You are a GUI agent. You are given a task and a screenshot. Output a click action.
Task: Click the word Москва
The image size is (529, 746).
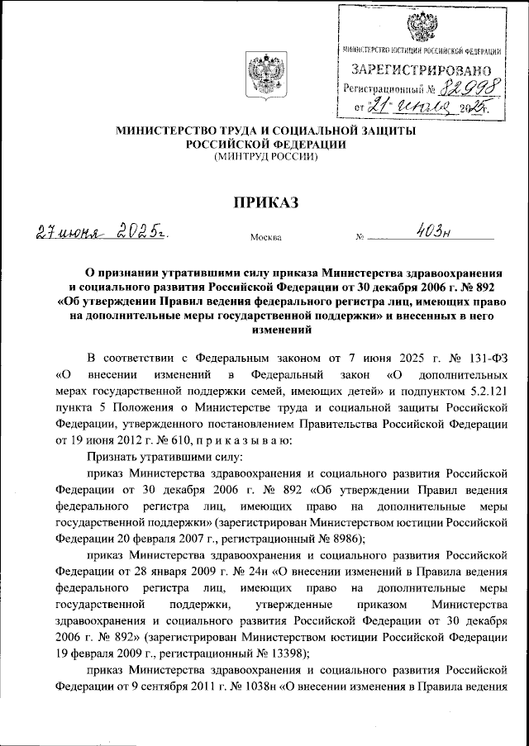(265, 238)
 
